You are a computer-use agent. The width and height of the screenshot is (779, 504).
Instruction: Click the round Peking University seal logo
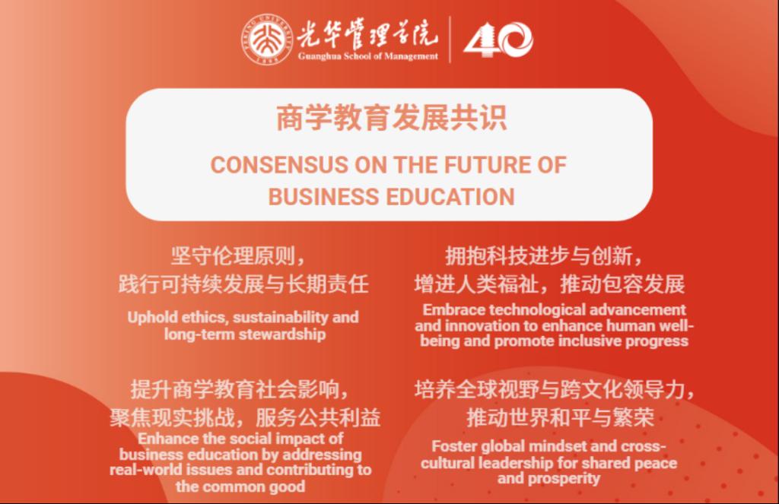(267, 40)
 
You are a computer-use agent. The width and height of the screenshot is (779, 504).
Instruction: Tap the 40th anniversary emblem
(498, 40)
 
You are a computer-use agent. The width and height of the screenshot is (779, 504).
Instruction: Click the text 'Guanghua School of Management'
(368, 56)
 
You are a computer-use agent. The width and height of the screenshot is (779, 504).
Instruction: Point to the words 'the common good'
(240, 487)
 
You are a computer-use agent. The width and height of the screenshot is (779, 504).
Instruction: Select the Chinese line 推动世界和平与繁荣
(560, 417)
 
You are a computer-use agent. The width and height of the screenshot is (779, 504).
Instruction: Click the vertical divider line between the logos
(450, 40)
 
